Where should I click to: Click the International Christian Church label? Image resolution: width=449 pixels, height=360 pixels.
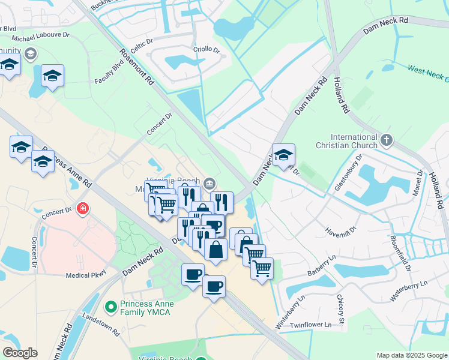tap(347, 140)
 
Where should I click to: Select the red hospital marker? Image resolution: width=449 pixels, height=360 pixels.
tap(82, 209)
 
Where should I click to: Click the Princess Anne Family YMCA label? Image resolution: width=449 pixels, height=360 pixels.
tap(146, 308)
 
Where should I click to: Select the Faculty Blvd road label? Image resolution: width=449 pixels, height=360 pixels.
tap(109, 75)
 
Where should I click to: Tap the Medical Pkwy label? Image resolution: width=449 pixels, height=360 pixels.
tap(86, 275)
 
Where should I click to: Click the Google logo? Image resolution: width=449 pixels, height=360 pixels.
tap(20, 352)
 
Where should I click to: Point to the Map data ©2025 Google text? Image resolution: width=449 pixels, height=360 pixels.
tap(411, 355)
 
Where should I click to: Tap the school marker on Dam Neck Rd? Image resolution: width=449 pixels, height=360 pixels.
tap(283, 155)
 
